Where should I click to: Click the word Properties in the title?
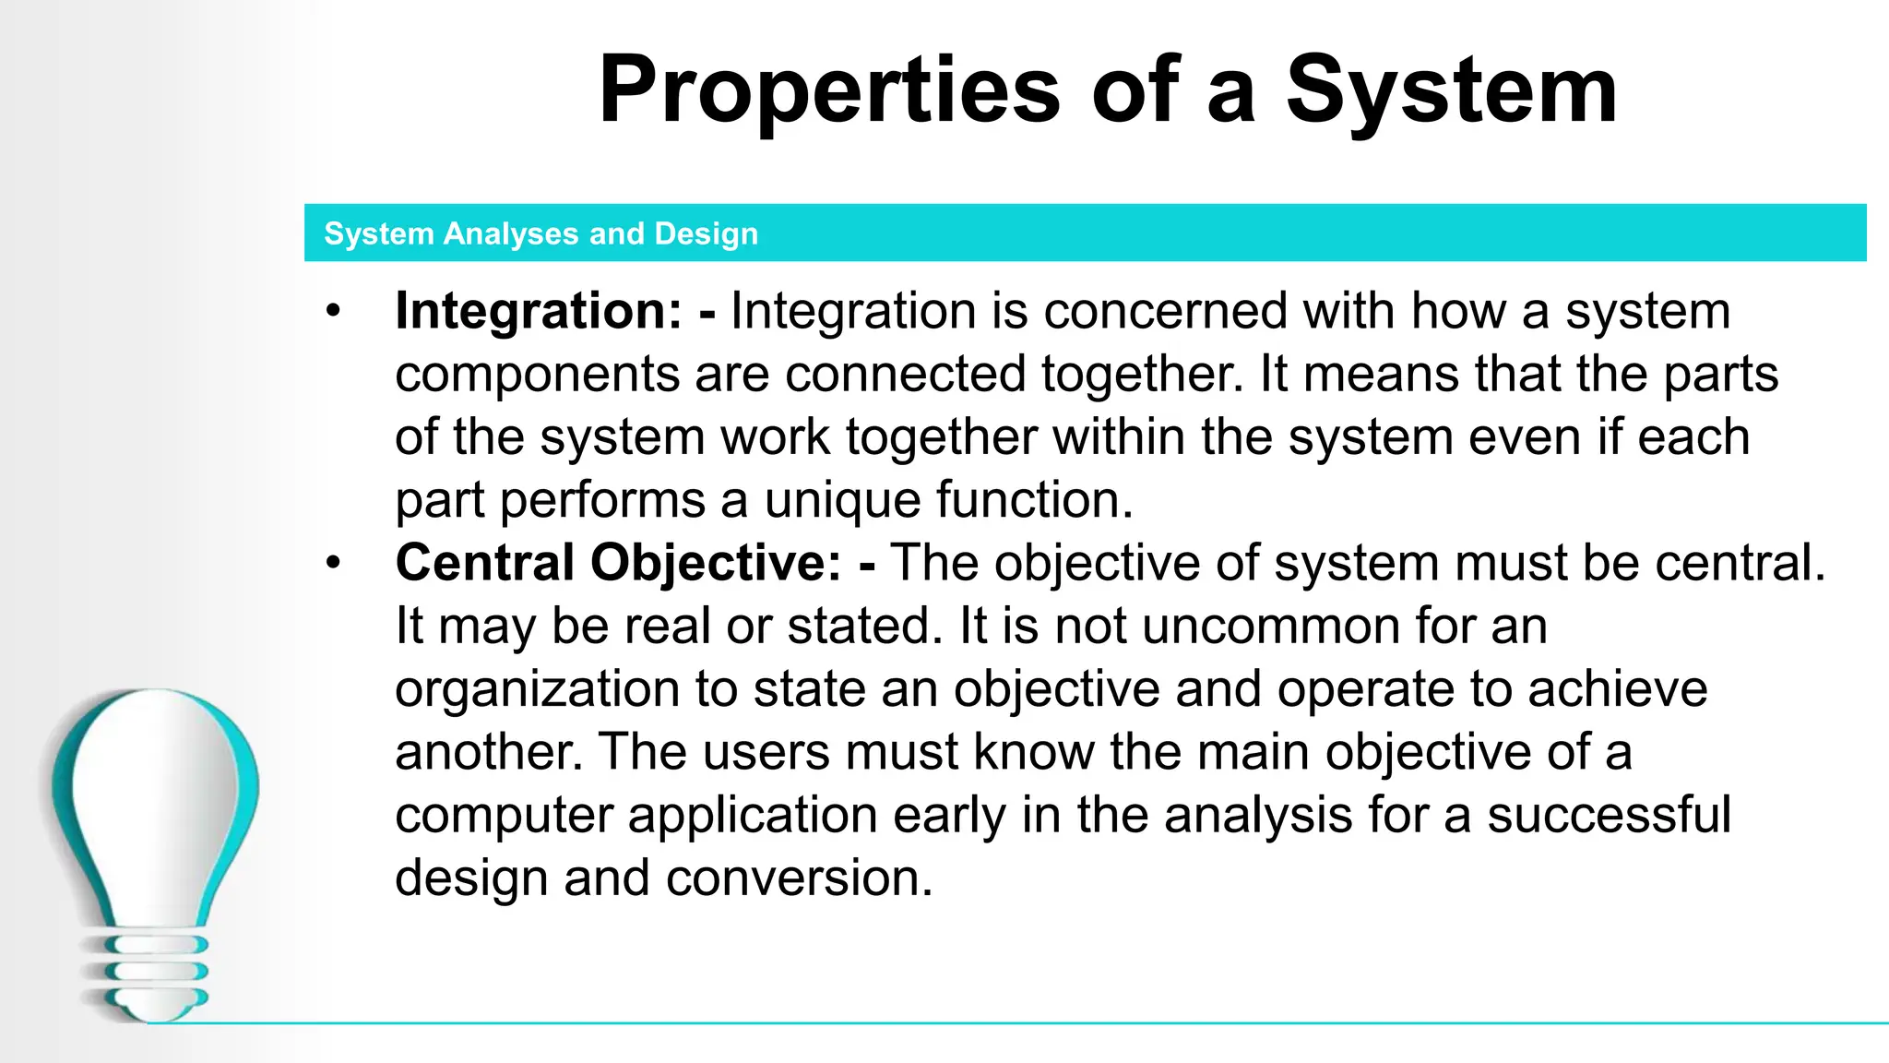(829, 90)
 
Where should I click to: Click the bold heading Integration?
(539, 310)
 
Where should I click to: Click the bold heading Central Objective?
(618, 562)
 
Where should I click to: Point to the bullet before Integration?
(333, 310)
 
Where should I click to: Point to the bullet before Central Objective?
(333, 562)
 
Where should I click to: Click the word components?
(538, 376)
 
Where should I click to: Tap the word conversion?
(799, 878)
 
